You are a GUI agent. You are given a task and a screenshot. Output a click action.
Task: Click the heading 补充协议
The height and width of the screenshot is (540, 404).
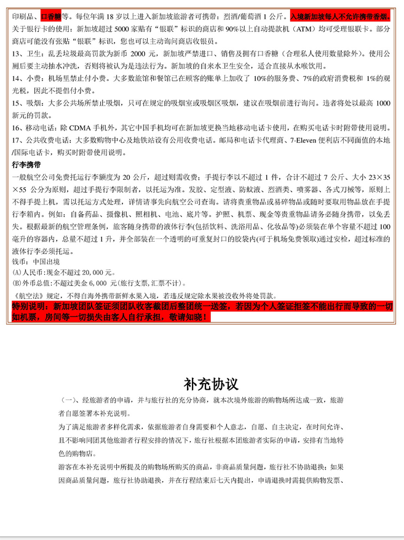210,384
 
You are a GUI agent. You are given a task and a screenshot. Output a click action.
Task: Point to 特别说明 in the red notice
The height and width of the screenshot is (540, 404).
28,306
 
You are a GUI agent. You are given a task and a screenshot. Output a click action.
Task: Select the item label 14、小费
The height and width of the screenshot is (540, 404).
28,79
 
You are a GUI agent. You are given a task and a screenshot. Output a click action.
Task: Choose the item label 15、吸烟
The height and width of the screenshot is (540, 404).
28,104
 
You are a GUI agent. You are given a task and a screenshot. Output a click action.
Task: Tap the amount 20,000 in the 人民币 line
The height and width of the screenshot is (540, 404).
92,271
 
